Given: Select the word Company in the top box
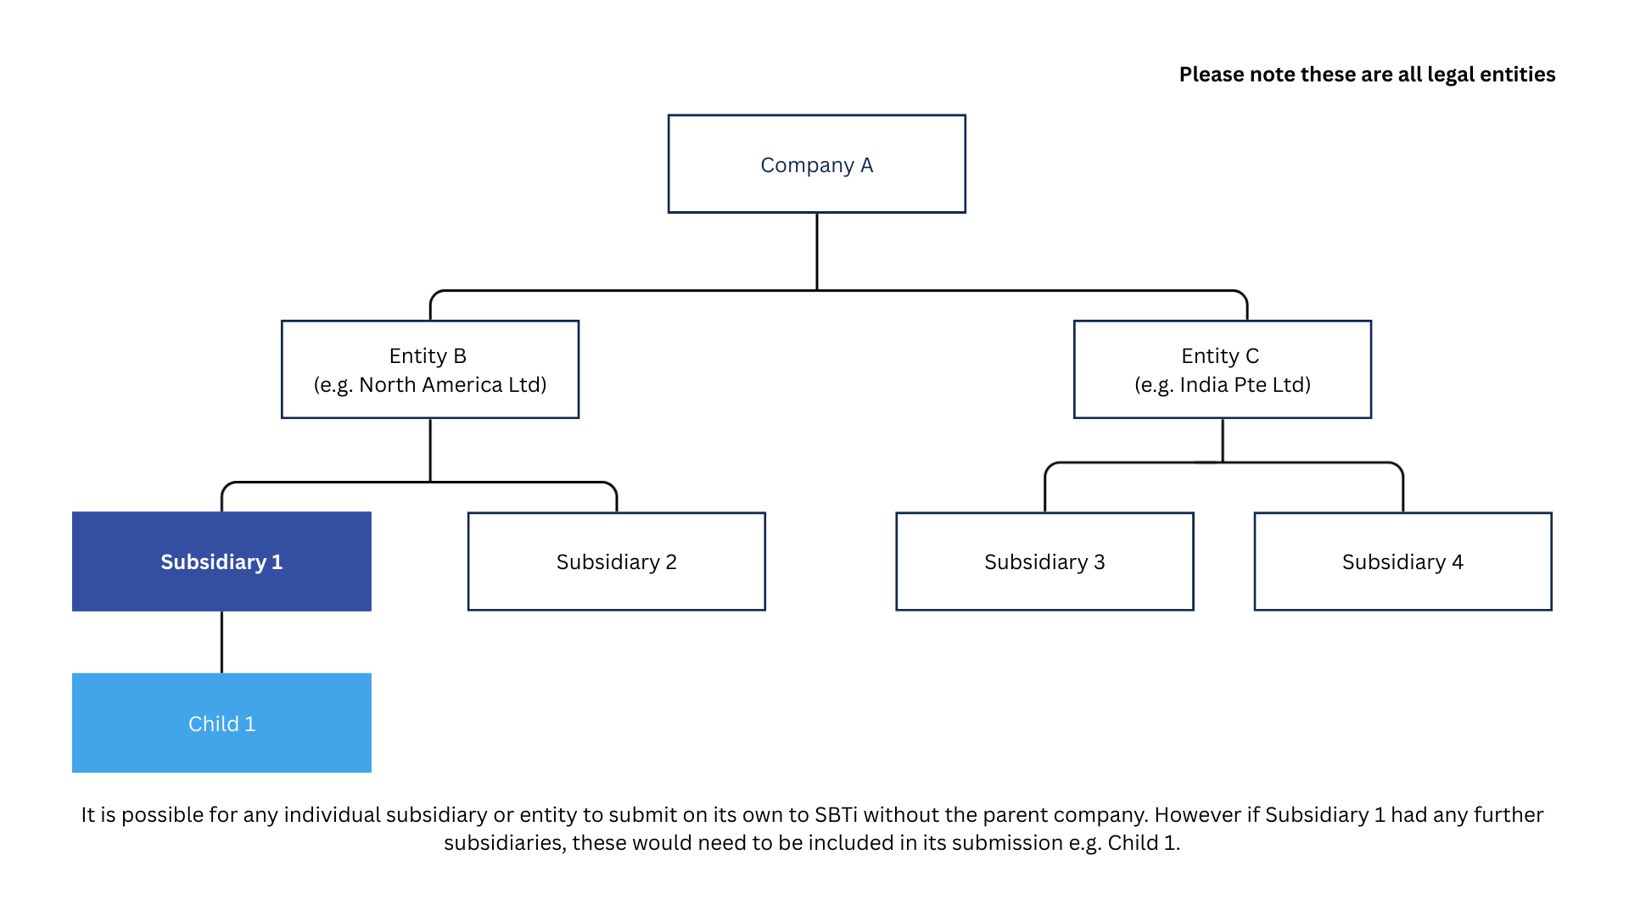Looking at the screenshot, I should pos(807,165).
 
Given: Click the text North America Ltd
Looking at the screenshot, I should pos(452,385).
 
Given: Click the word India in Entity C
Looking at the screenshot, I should pos(1204,385).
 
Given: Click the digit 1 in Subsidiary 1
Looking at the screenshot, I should pos(277,562).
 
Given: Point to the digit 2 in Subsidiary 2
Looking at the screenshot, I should pos(671,562).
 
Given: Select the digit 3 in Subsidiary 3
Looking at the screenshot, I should pos(1100,562).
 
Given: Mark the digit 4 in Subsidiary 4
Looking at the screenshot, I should pos(1458,562).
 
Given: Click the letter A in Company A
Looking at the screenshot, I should pos(866,165).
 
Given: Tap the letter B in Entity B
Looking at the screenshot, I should pos(460,356).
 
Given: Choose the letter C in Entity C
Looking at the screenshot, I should pos(1252,356).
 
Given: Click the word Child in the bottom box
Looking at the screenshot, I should pos(213,724).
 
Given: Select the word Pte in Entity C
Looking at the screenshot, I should pos(1251,385).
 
